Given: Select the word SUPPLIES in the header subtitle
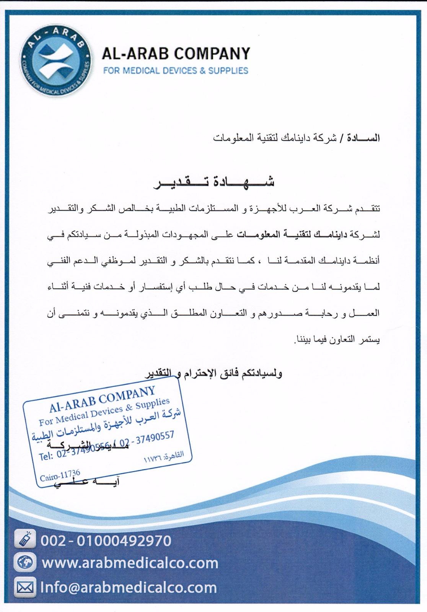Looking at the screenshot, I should coord(228,71).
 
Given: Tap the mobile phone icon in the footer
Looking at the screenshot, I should coord(25,540).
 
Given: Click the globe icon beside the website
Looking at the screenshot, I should coord(25,563).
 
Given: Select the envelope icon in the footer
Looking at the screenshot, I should coord(25,587).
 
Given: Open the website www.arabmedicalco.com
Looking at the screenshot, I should coord(130,563).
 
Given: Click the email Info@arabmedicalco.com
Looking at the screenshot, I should coord(129,588).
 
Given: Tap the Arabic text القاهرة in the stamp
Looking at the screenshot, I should coord(174,455).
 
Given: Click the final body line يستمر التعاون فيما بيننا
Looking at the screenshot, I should coord(337,339).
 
